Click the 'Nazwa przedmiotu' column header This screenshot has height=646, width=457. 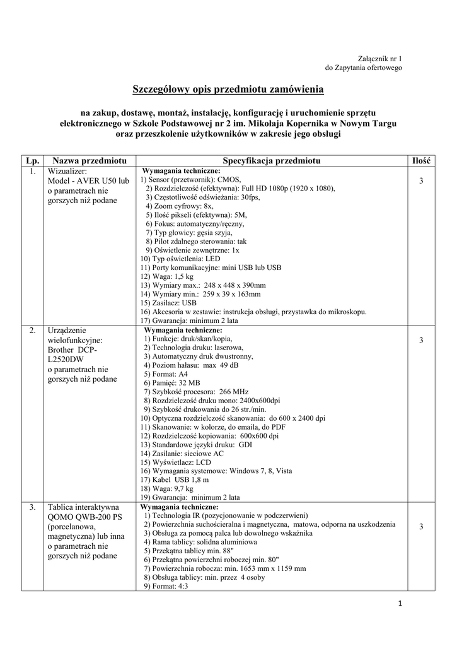[x=90, y=161]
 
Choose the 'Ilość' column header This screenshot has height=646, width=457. [x=420, y=161]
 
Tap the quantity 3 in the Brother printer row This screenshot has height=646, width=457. [x=420, y=341]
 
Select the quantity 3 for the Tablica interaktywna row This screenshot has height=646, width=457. [x=420, y=527]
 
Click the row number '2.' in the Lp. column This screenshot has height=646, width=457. [x=32, y=330]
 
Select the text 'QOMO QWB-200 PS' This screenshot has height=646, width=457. [x=86, y=516]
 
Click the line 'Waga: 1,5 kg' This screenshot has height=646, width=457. [x=166, y=276]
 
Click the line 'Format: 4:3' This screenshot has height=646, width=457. [x=166, y=586]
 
